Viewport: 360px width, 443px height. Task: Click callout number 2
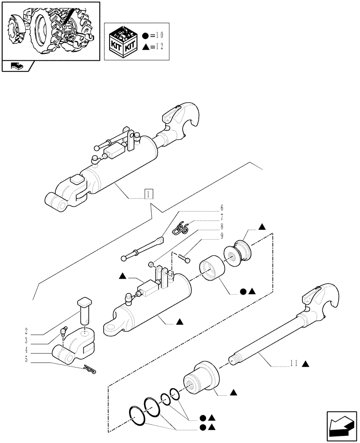(27, 331)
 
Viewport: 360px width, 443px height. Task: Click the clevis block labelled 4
(75, 346)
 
